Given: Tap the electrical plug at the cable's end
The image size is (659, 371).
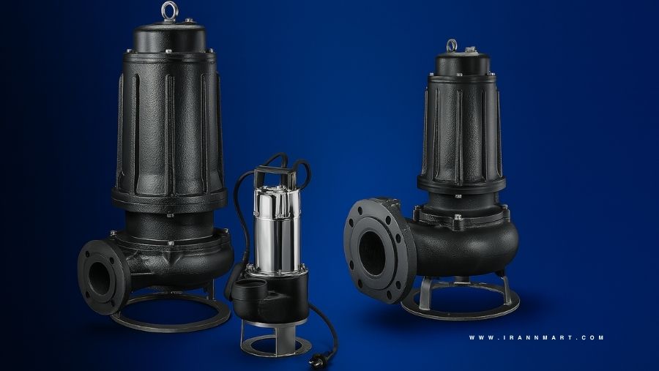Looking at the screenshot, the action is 316,359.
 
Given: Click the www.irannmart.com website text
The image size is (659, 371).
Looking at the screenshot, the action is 536,337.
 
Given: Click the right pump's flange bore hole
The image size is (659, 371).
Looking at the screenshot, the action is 371,253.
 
